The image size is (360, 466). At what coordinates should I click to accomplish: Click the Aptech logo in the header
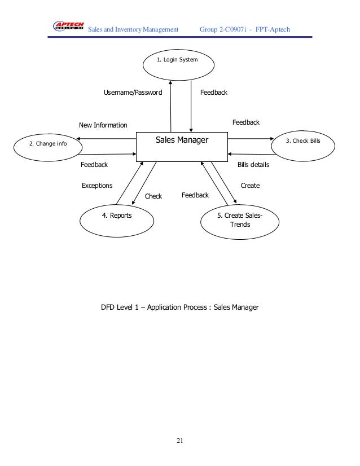pyautogui.click(x=68, y=27)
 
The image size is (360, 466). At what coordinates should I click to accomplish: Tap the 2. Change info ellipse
pyautogui.click(x=47, y=144)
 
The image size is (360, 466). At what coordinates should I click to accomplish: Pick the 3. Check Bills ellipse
pyautogui.click(x=302, y=141)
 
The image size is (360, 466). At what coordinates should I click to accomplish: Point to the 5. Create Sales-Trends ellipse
pyautogui.click(x=239, y=219)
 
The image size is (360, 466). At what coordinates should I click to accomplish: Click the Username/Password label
pyautogui.click(x=133, y=92)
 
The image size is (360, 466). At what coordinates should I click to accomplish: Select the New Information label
pyautogui.click(x=103, y=125)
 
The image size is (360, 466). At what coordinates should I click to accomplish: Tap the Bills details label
pyautogui.click(x=253, y=165)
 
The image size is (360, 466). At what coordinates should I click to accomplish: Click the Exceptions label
pyautogui.click(x=97, y=186)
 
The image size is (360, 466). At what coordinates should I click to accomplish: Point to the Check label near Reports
pyautogui.click(x=153, y=196)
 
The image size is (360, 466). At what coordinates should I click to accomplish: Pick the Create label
pyautogui.click(x=250, y=185)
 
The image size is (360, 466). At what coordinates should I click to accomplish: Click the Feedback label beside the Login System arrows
pyautogui.click(x=214, y=92)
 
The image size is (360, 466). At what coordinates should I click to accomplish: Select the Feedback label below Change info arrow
pyautogui.click(x=94, y=165)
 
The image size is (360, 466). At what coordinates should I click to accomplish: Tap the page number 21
pyautogui.click(x=179, y=441)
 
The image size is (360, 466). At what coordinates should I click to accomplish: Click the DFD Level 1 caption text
pyautogui.click(x=179, y=308)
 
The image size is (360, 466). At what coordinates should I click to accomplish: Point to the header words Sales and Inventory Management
pyautogui.click(x=133, y=29)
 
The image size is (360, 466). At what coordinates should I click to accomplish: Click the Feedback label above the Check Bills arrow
pyautogui.click(x=246, y=122)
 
